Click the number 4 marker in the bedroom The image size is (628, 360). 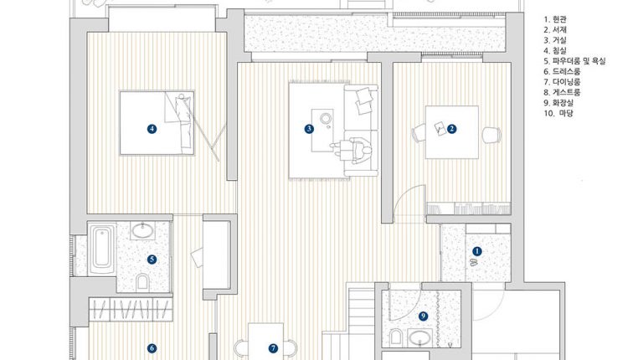152,129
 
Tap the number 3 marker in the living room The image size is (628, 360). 309,129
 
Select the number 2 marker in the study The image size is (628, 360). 452,129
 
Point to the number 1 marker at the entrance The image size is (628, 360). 476,251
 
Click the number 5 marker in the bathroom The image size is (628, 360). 152,260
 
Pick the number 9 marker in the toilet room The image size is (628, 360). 423,316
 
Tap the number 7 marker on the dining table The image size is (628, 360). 273,348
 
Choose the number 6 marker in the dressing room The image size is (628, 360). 152,348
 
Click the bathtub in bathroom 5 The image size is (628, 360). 101,249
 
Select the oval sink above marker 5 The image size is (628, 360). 142,231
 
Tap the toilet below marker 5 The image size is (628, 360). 142,282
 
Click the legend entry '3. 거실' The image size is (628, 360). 555,40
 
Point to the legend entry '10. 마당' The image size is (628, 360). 559,113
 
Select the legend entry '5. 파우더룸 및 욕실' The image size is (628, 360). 574,61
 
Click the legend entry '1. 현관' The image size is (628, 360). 555,19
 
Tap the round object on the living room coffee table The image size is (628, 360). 325,119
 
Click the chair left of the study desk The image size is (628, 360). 419,132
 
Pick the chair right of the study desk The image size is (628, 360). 492,135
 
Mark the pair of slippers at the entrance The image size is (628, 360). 473,263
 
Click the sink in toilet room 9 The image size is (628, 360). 420,337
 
